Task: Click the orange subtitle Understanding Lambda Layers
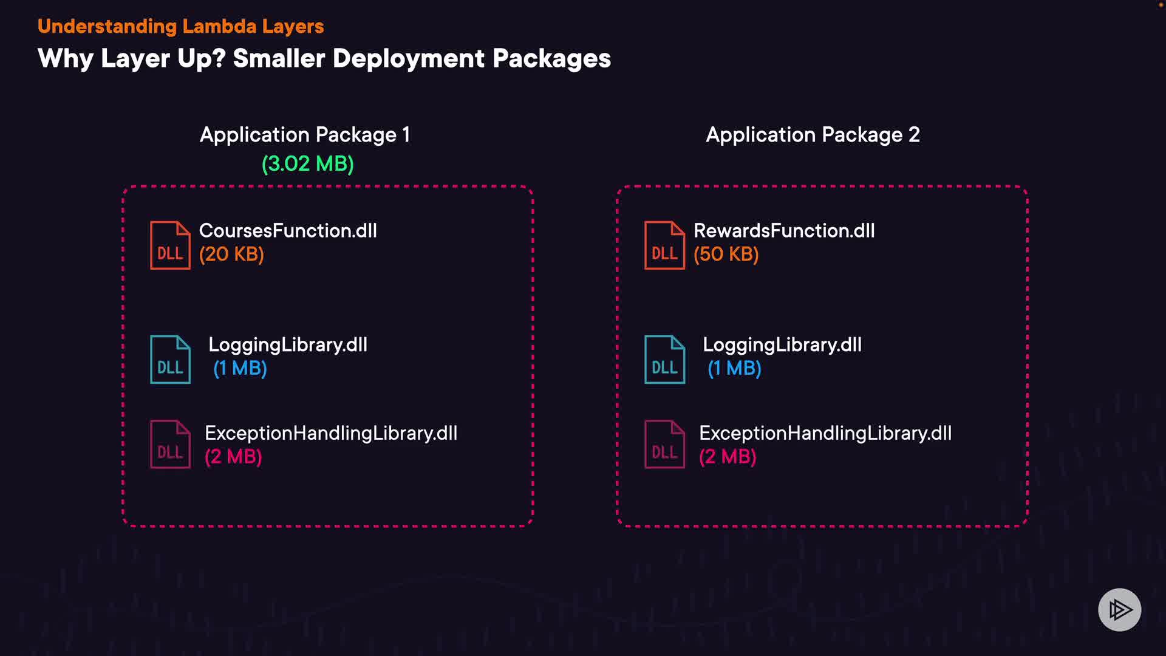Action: click(x=180, y=26)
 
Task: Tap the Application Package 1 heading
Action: click(x=305, y=134)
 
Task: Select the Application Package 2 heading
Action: click(x=813, y=134)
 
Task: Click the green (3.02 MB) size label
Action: click(x=307, y=163)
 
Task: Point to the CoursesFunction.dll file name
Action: click(x=288, y=231)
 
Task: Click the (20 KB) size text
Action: click(x=231, y=254)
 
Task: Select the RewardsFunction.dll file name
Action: click(x=784, y=231)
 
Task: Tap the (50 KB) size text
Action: click(x=726, y=254)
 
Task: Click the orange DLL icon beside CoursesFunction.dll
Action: click(x=170, y=245)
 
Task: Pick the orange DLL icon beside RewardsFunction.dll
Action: click(x=664, y=245)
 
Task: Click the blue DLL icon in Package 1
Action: click(x=170, y=360)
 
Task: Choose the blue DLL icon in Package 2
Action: click(x=664, y=360)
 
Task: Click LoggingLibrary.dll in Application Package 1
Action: click(x=288, y=345)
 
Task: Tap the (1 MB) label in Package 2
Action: click(x=734, y=368)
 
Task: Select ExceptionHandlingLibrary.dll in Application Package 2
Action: click(x=825, y=433)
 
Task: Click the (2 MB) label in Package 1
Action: click(x=233, y=456)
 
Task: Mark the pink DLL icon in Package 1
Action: click(x=170, y=445)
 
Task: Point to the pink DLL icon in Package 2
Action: click(x=664, y=445)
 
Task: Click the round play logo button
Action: click(x=1119, y=610)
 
